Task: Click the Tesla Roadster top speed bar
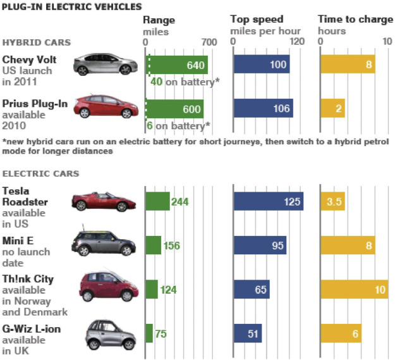[268, 201]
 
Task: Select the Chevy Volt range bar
[177, 65]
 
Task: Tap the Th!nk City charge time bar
[354, 289]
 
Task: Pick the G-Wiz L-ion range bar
[149, 333]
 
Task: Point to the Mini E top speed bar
[260, 245]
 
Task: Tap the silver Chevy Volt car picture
[105, 65]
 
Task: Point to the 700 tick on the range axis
[209, 42]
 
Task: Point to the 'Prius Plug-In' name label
[35, 103]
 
